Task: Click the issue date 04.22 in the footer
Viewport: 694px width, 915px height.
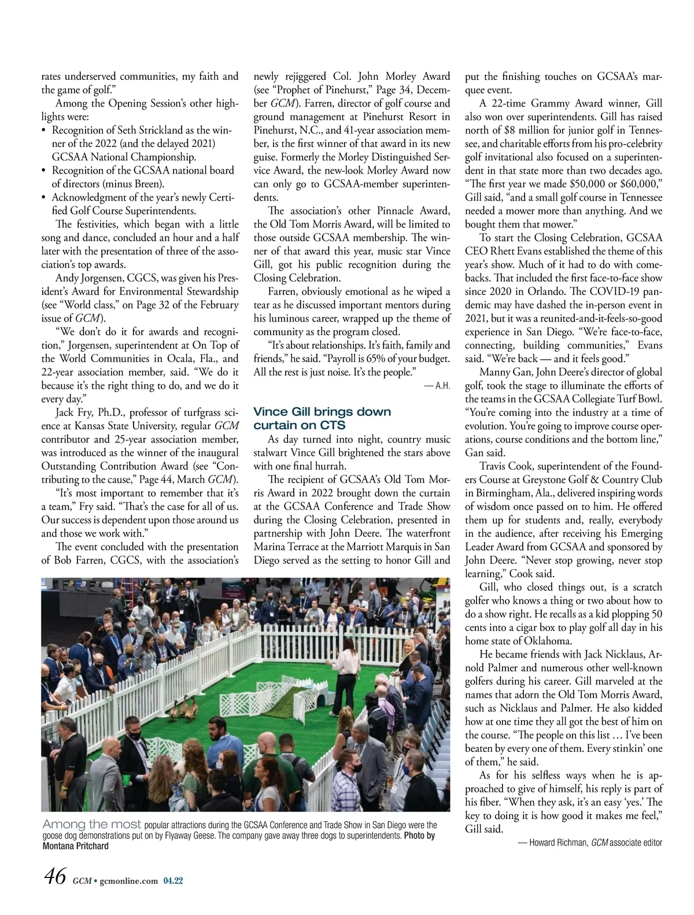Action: click(173, 880)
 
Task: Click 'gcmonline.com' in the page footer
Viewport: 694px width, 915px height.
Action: click(128, 880)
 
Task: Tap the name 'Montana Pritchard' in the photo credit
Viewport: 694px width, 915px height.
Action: click(76, 846)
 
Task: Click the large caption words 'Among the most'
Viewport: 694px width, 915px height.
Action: click(91, 824)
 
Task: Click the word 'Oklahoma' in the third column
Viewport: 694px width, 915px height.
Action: click(548, 641)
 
